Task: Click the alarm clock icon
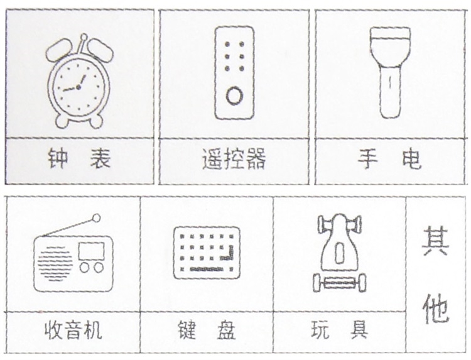79,81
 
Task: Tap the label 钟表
79,158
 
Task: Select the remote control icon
234,73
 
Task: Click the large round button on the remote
234,95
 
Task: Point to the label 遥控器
234,159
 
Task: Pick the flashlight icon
390,72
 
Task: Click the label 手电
390,159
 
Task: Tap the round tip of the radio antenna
97,218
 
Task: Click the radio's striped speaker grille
55,263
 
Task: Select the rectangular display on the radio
92,251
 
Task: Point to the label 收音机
73,330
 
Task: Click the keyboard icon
207,253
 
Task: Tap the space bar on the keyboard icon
207,270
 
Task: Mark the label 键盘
207,330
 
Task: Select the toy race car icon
339,253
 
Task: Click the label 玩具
339,329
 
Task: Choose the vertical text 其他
436,274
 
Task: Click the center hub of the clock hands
78,87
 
